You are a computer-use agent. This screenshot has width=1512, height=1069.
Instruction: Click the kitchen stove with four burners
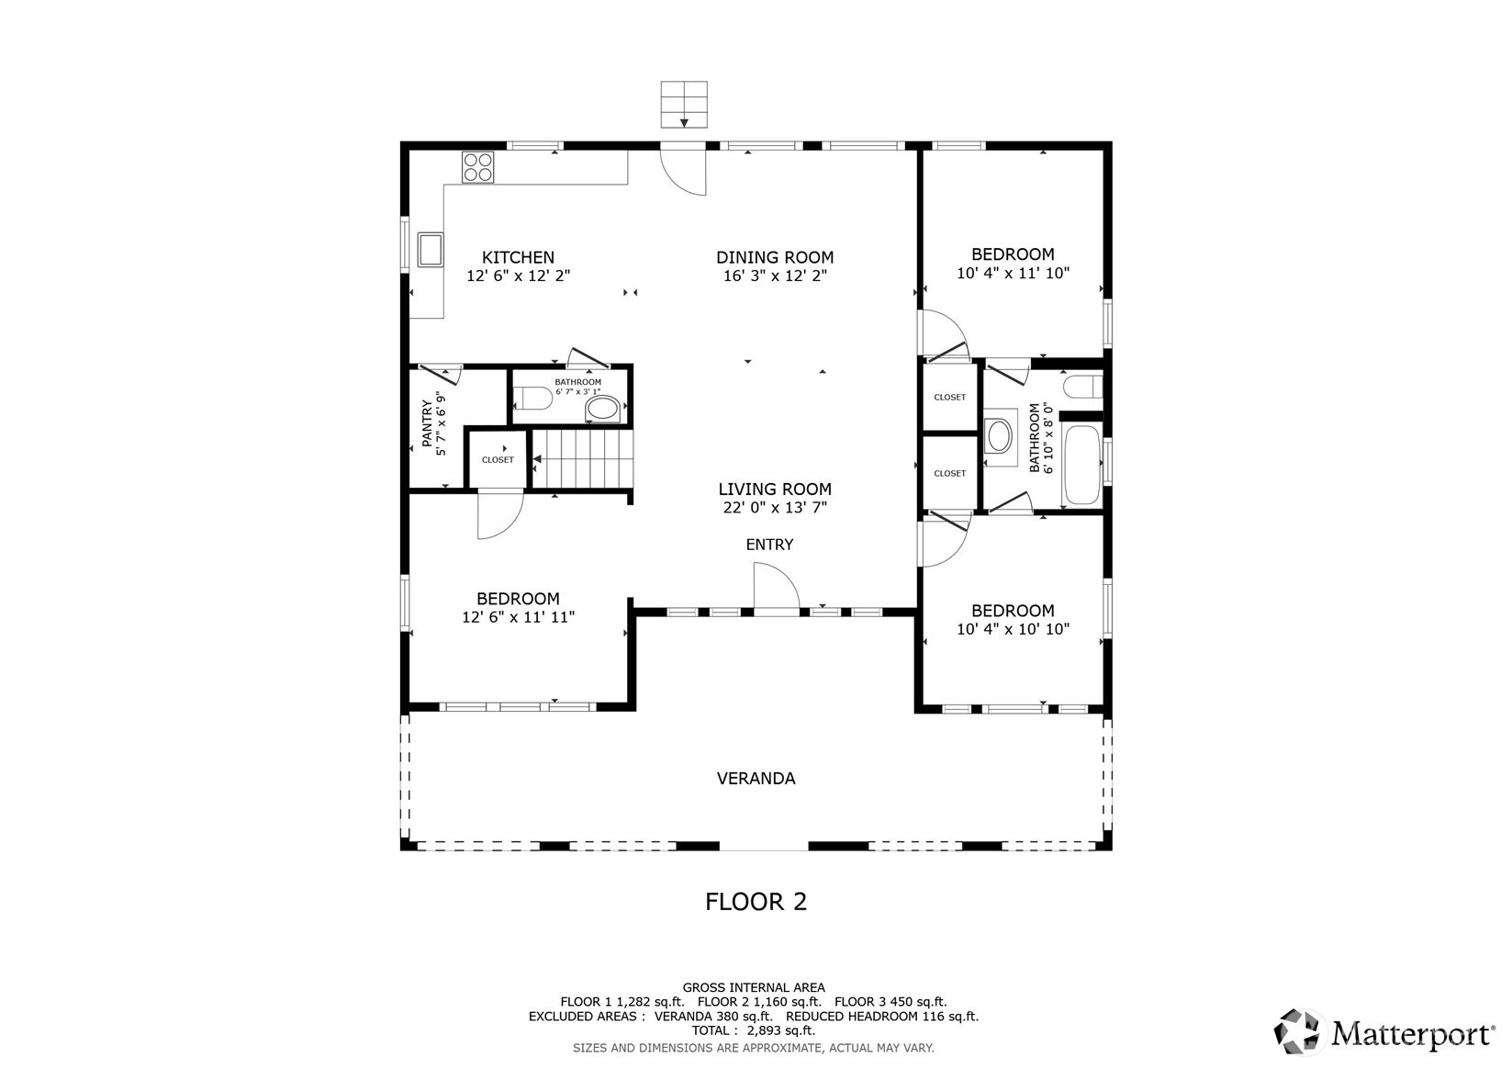coord(478,167)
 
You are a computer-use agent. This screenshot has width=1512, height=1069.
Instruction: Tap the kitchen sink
coord(430,250)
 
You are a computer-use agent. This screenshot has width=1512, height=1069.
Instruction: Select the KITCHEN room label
coord(519,257)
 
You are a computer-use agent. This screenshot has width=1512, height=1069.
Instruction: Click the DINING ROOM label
coord(775,257)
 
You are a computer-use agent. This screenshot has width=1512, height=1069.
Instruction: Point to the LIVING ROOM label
coord(775,489)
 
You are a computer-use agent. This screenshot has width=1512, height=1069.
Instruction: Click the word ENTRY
coord(769,545)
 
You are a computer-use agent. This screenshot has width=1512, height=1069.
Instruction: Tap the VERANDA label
coord(756,779)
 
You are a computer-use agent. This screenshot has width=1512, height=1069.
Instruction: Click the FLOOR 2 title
coord(756,902)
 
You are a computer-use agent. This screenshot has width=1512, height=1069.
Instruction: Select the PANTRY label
coord(427,423)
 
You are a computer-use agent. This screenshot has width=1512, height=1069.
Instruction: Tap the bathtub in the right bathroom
coord(1082,465)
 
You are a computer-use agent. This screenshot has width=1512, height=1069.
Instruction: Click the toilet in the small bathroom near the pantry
coord(532,398)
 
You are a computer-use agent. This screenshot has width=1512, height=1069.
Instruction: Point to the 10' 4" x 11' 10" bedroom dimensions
coord(1014,274)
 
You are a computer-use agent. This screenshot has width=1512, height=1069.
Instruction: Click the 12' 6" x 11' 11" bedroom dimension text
coord(519,616)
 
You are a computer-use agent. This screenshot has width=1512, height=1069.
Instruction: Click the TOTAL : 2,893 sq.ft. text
coord(754,1030)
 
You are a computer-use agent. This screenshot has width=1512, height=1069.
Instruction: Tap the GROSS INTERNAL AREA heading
coord(754,988)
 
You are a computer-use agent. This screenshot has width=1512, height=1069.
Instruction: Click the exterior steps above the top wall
coord(684,104)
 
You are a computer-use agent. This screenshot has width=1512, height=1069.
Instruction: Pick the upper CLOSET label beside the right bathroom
coord(950,397)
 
